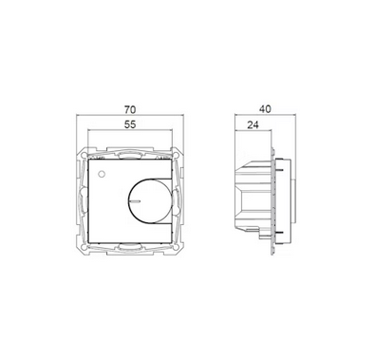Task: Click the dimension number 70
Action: point(130,109)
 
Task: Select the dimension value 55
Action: point(130,124)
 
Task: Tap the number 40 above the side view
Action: point(265,109)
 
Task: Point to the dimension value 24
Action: point(252,125)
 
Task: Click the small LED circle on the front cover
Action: point(102,174)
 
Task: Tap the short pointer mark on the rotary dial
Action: point(134,200)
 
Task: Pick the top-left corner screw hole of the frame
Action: point(83,155)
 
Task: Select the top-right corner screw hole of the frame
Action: point(177,155)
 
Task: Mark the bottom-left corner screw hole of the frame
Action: point(83,247)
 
